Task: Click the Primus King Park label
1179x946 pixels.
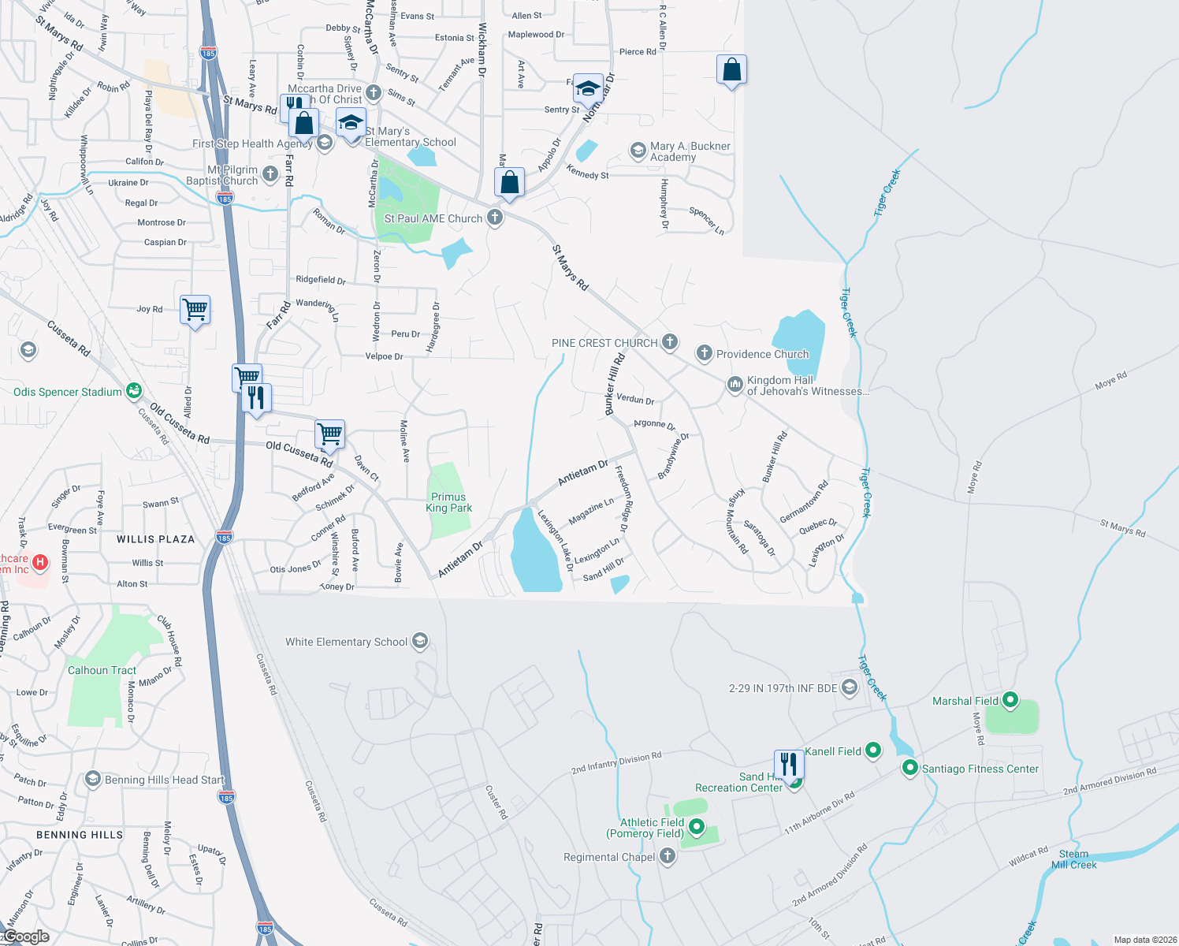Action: point(448,502)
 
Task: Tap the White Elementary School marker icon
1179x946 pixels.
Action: point(420,641)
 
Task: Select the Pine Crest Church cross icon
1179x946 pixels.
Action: point(670,342)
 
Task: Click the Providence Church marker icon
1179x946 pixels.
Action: point(705,353)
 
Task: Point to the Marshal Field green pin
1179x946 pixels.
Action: point(1010,700)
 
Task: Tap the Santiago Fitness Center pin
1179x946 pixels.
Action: point(909,768)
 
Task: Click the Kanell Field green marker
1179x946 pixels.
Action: point(873,750)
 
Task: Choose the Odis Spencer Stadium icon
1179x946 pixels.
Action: point(134,391)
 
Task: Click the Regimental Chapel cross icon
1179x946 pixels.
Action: point(667,856)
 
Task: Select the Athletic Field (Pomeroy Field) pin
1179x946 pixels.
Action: point(697,827)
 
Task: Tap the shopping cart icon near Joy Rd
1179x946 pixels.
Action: point(195,309)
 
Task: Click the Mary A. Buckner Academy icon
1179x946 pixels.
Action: point(638,151)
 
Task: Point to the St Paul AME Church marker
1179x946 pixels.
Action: point(495,218)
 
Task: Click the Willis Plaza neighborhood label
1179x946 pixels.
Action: point(155,539)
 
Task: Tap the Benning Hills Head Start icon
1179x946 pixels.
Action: point(92,780)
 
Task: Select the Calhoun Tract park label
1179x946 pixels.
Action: point(102,670)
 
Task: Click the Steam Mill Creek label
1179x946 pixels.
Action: point(1073,859)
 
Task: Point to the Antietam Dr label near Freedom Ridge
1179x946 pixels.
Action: point(582,472)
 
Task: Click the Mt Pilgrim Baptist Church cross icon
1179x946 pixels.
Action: point(270,174)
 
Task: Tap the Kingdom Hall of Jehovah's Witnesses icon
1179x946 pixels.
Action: point(735,385)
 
